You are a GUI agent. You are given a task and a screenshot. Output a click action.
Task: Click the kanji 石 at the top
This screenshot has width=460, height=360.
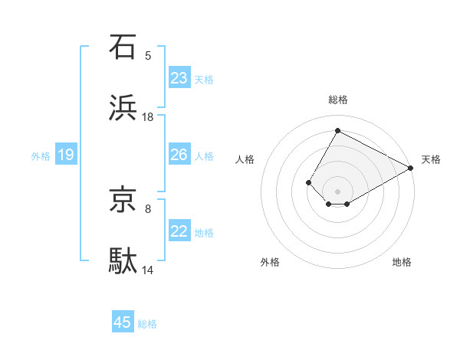point(123,47)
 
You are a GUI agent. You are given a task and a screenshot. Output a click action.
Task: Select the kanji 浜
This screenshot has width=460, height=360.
point(123,108)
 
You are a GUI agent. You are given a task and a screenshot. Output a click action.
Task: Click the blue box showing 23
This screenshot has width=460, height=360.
point(179,78)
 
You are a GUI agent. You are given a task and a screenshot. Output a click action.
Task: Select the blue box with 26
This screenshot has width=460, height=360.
point(179,155)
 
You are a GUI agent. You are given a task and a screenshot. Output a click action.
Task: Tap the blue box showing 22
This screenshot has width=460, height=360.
point(179,232)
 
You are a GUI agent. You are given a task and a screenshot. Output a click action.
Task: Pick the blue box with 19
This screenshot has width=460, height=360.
point(66,155)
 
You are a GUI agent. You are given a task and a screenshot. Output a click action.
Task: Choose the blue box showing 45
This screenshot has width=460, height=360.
point(123,322)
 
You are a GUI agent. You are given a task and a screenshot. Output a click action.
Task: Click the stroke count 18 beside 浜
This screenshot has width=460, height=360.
point(148,117)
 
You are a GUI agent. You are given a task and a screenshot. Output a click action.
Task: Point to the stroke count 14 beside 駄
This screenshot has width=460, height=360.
point(148,270)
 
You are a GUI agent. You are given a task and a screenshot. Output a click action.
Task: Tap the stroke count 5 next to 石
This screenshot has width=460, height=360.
point(148,55)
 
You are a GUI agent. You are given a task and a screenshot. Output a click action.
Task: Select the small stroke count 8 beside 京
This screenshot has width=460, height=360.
point(148,208)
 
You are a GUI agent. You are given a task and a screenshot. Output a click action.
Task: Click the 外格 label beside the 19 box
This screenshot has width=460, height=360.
point(41,155)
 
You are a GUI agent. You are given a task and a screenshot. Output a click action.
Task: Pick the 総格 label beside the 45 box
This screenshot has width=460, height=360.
point(147,323)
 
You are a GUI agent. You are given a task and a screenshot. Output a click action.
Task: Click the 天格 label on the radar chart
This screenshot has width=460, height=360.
point(431,159)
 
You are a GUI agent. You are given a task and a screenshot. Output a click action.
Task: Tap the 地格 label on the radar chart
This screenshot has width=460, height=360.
point(402,262)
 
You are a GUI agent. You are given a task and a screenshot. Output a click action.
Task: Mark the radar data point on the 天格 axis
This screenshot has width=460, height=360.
point(411,168)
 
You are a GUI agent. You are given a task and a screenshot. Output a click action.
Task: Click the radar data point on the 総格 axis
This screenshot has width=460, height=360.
point(337,130)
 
